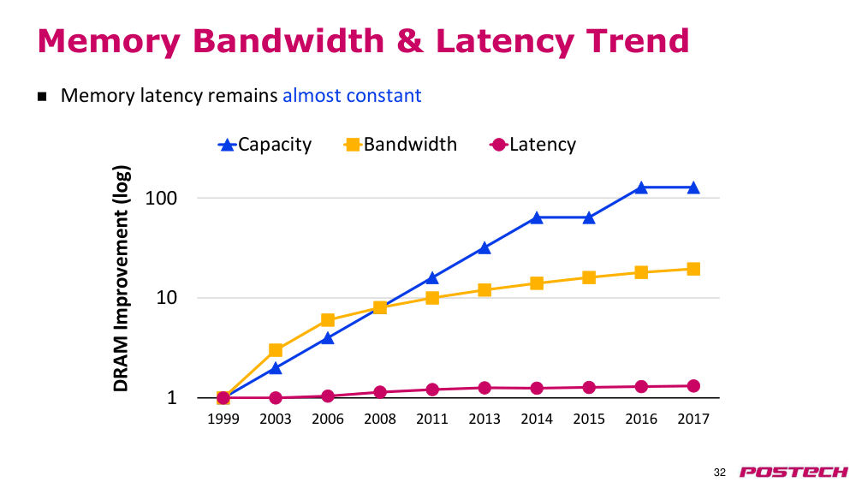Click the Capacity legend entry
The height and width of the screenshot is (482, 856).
tap(265, 145)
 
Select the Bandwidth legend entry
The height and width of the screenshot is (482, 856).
tap(400, 145)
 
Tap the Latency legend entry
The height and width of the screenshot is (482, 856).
tap(532, 145)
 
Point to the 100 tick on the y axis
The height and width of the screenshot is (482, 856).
tap(161, 198)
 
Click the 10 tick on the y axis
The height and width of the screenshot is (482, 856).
tap(167, 298)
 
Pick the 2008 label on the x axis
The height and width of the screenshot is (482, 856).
tap(380, 419)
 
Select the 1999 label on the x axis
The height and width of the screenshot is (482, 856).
tap(223, 419)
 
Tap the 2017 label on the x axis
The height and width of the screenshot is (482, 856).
tap(693, 419)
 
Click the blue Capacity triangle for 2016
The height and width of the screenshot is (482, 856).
tap(641, 188)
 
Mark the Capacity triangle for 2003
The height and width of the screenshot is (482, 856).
tap(276, 368)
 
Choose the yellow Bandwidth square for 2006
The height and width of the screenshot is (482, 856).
tap(328, 320)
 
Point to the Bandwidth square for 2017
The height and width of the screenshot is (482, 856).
tap(693, 269)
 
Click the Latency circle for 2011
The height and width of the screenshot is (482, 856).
tap(432, 390)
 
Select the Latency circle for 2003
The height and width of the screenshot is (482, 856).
tap(276, 398)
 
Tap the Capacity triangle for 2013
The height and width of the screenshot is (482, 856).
tap(484, 248)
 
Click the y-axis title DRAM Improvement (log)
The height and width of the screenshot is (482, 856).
tap(122, 278)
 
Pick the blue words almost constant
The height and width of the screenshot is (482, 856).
tap(352, 96)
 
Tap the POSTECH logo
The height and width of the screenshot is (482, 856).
tap(794, 472)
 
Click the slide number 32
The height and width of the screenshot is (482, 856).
tap(720, 473)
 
